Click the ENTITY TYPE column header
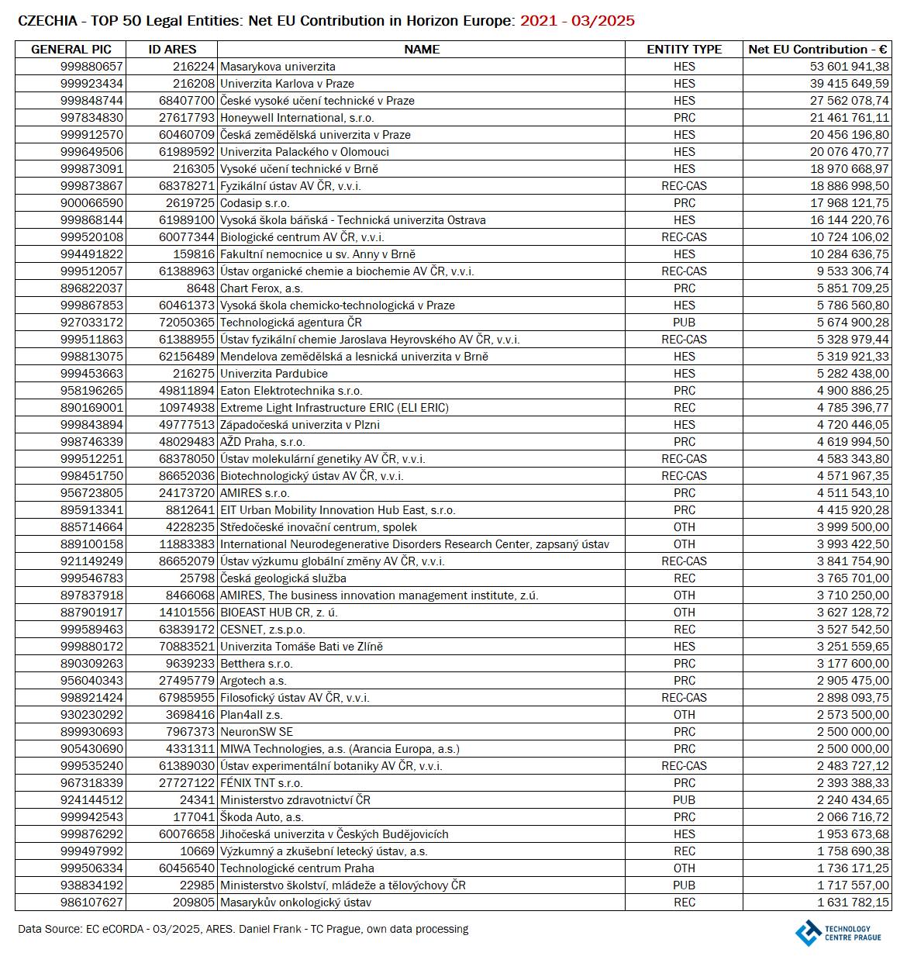tap(684, 50)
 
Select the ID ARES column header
tap(172, 50)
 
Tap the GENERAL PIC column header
tap(71, 50)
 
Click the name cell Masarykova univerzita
tap(278, 67)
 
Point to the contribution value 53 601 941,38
tap(850, 67)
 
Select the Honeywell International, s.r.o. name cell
tap(297, 118)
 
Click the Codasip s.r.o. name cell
tap(254, 203)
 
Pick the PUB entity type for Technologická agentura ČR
tap(684, 323)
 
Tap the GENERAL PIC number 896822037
tap(91, 288)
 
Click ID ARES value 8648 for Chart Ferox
tap(200, 288)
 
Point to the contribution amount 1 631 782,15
tap(853, 903)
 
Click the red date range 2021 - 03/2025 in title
tap(578, 21)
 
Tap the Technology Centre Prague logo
tap(838, 933)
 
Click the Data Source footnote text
tap(243, 929)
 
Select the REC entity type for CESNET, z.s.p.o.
tap(684, 630)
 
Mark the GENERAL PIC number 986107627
tap(91, 903)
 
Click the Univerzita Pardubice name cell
tap(274, 374)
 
